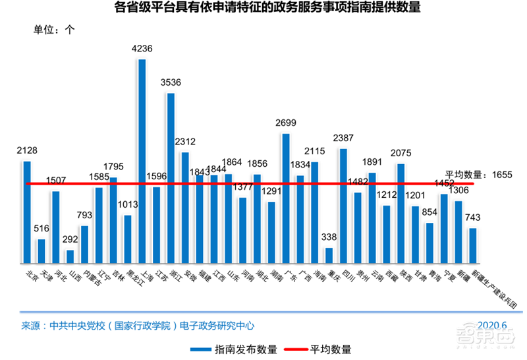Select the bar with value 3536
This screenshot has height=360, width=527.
pyautogui.click(x=171, y=178)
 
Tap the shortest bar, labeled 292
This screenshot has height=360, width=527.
pyautogui.click(x=70, y=256)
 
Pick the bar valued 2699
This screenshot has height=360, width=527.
pyautogui.click(x=286, y=198)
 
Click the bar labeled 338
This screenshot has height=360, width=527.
pyautogui.click(x=329, y=256)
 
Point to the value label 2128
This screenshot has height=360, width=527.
pyautogui.click(x=27, y=151)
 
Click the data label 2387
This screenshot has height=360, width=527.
pyautogui.click(x=343, y=138)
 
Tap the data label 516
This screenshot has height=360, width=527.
pyautogui.click(x=42, y=229)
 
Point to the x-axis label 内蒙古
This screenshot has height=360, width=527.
pyautogui.click(x=86, y=278)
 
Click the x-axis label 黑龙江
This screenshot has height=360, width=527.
pyautogui.click(x=128, y=278)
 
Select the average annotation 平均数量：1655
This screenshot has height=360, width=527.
pyautogui.click(x=474, y=175)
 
